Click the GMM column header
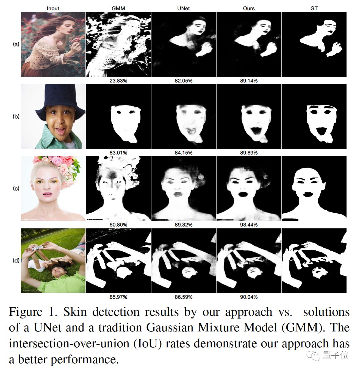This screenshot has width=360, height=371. pyautogui.click(x=118, y=8)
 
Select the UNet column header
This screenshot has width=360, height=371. pyautogui.click(x=183, y=8)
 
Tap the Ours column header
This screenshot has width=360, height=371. pyautogui.click(x=249, y=8)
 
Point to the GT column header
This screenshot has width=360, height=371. pyautogui.click(x=314, y=8)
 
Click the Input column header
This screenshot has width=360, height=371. pyautogui.click(x=53, y=8)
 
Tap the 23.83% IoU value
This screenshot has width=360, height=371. pyautogui.click(x=118, y=81)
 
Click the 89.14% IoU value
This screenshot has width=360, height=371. pyautogui.click(x=249, y=81)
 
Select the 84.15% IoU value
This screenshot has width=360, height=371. pyautogui.click(x=183, y=153)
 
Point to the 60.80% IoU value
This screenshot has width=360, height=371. pyautogui.click(x=118, y=225)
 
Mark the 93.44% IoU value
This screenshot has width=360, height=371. pyautogui.click(x=249, y=225)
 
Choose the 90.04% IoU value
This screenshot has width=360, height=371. pyautogui.click(x=249, y=297)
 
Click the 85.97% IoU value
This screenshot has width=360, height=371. pyautogui.click(x=118, y=297)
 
